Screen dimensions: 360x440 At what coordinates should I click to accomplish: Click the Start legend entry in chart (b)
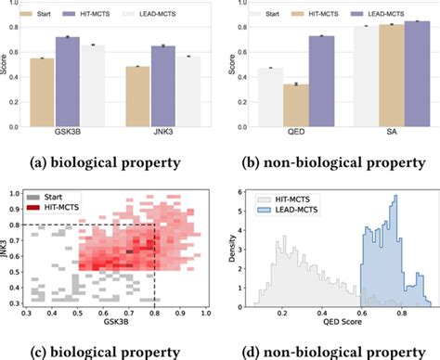(x=289, y=15)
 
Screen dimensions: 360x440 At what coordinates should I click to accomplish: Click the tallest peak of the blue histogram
(x=395, y=198)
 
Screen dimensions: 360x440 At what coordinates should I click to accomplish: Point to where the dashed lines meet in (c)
(x=153, y=225)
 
